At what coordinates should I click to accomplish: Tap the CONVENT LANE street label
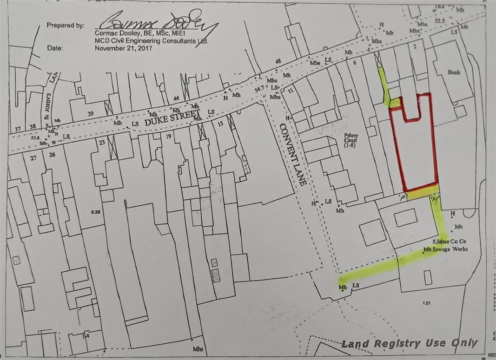(x=292, y=151)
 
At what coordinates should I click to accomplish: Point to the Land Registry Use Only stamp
(x=409, y=344)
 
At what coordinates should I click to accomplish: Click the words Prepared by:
(x=65, y=25)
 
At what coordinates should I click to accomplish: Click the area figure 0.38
(x=96, y=213)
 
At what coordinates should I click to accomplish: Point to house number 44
(x=176, y=98)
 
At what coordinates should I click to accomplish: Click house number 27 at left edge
(x=33, y=158)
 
